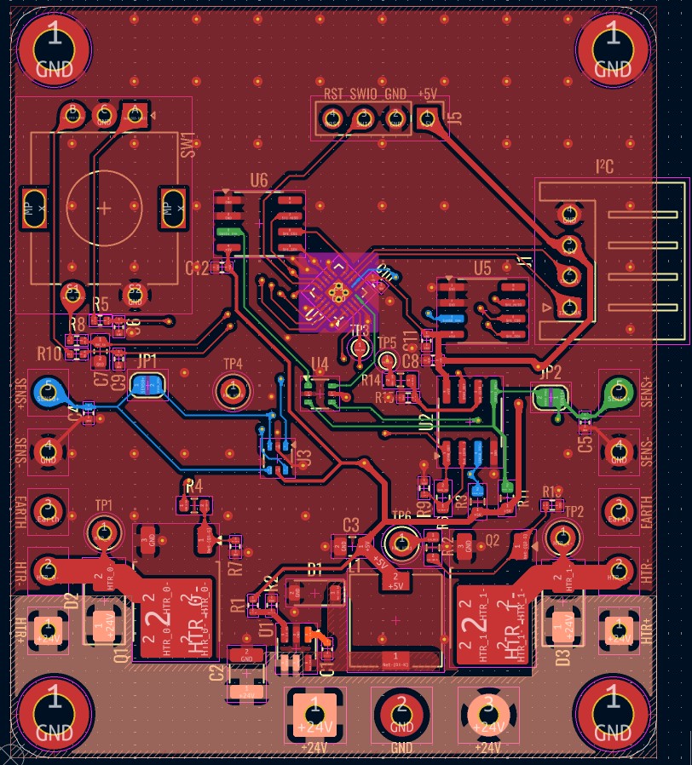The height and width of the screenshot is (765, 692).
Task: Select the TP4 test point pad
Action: (x=232, y=391)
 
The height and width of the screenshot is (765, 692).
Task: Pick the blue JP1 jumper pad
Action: (x=147, y=385)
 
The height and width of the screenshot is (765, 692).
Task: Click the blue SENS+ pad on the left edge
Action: (x=49, y=392)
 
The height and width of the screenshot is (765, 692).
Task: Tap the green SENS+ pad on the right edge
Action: (x=618, y=393)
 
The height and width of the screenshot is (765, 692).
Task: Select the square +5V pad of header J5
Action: (x=427, y=118)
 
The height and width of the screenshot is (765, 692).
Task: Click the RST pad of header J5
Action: (x=332, y=118)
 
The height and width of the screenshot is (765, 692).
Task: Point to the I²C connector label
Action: (x=605, y=167)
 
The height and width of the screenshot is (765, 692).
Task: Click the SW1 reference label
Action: (x=187, y=144)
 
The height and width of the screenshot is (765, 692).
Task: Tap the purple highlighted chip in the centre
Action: (x=338, y=292)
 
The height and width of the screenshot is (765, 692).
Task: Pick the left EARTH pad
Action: (x=49, y=510)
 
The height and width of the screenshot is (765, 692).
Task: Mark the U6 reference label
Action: (x=258, y=181)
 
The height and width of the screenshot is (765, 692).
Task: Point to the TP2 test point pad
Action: (x=562, y=536)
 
